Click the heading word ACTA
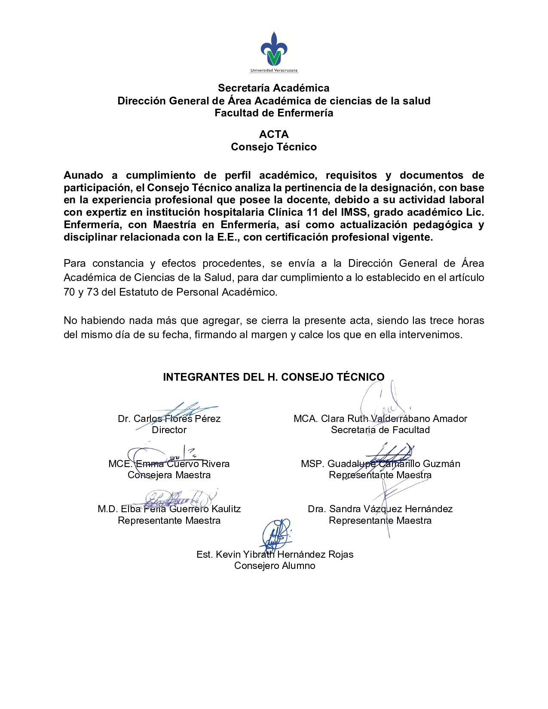(274, 134)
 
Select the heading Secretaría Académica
(274, 88)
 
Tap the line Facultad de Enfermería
(274, 113)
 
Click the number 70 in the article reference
(69, 292)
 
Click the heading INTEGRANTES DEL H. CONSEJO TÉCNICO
(274, 377)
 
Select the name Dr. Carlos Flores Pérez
(169, 419)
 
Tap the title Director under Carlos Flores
(169, 430)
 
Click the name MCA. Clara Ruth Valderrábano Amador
(380, 419)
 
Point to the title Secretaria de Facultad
(380, 430)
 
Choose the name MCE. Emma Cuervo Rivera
(169, 464)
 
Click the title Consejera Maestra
(169, 475)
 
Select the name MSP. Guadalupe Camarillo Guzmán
(380, 464)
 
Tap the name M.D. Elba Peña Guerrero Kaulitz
(169, 509)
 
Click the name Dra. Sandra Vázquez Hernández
(380, 509)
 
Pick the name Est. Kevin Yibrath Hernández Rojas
(275, 555)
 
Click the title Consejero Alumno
(275, 566)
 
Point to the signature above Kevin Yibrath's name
(276, 535)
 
